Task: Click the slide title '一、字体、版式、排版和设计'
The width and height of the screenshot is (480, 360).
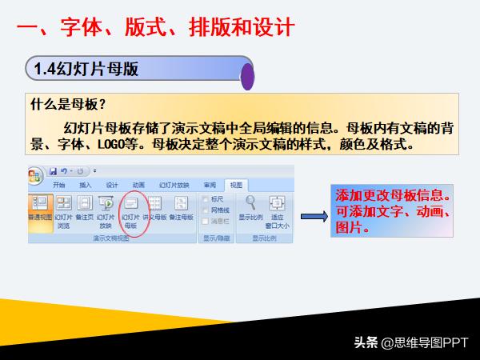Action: coord(156,29)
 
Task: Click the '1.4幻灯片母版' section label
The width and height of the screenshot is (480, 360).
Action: coord(87,69)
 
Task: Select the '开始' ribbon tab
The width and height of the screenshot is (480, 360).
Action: coord(59,184)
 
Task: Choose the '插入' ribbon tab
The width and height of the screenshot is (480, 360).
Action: coord(86,184)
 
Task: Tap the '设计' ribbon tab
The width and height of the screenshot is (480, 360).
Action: coord(112,184)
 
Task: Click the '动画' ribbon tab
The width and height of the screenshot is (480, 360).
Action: coord(138,184)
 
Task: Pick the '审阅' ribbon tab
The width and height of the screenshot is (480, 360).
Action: coord(210,184)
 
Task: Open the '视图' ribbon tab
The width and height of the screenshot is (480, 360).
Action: coord(236,184)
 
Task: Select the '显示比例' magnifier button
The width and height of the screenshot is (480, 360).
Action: coord(251,207)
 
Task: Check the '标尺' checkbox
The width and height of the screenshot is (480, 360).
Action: coord(207,199)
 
